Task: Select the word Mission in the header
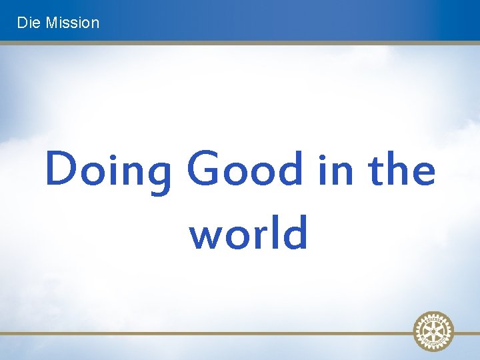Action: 72,23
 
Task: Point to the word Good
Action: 245,169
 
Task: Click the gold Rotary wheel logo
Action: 433,330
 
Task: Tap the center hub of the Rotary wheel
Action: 433,330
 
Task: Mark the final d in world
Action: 295,231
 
